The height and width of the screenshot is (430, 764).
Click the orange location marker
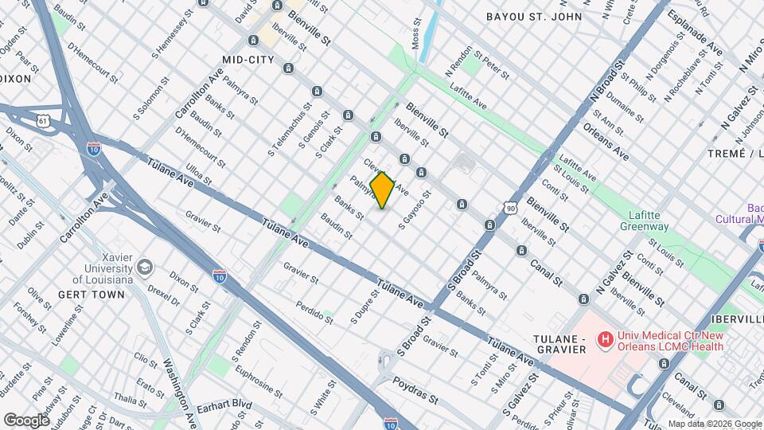click(x=383, y=190)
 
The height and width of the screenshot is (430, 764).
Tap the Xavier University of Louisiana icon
click(x=144, y=265)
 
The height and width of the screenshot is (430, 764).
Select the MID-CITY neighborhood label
click(x=248, y=60)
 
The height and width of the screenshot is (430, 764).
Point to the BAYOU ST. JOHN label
click(x=534, y=17)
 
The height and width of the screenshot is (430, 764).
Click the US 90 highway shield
click(x=510, y=207)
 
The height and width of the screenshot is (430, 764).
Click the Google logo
click(x=26, y=420)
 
